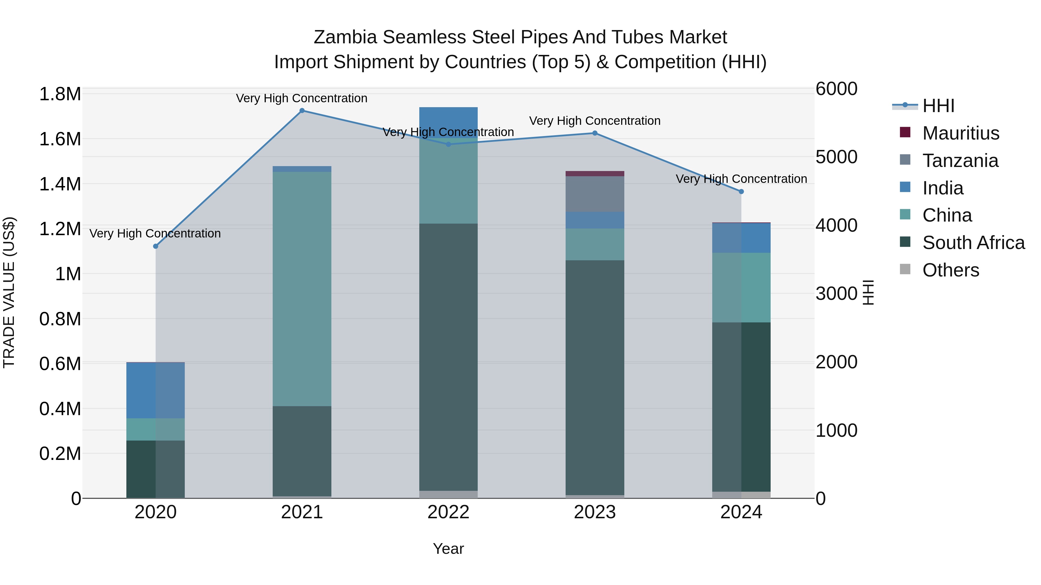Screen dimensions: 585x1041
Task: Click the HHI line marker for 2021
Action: pos(302,111)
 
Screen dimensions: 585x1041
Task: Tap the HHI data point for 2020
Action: pos(156,246)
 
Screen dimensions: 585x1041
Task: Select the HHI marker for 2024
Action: pos(741,192)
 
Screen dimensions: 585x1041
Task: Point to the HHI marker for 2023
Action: pos(595,133)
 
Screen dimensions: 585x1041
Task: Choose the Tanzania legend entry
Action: pos(960,161)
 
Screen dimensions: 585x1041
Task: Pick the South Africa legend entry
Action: pos(973,243)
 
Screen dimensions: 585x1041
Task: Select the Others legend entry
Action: pos(950,270)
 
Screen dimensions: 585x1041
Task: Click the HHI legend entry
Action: pos(938,106)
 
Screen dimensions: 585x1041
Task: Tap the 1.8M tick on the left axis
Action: pos(60,94)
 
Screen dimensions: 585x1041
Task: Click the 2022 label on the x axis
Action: pos(448,512)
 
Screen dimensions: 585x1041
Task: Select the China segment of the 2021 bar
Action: pos(302,289)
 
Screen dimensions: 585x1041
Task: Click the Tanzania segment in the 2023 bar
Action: pos(595,194)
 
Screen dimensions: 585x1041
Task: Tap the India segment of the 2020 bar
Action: pos(156,390)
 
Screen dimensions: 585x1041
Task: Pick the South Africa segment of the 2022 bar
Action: pos(448,357)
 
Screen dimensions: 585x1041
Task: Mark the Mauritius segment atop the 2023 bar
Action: pos(595,174)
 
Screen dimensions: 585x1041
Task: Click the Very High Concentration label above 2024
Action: pos(741,179)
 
